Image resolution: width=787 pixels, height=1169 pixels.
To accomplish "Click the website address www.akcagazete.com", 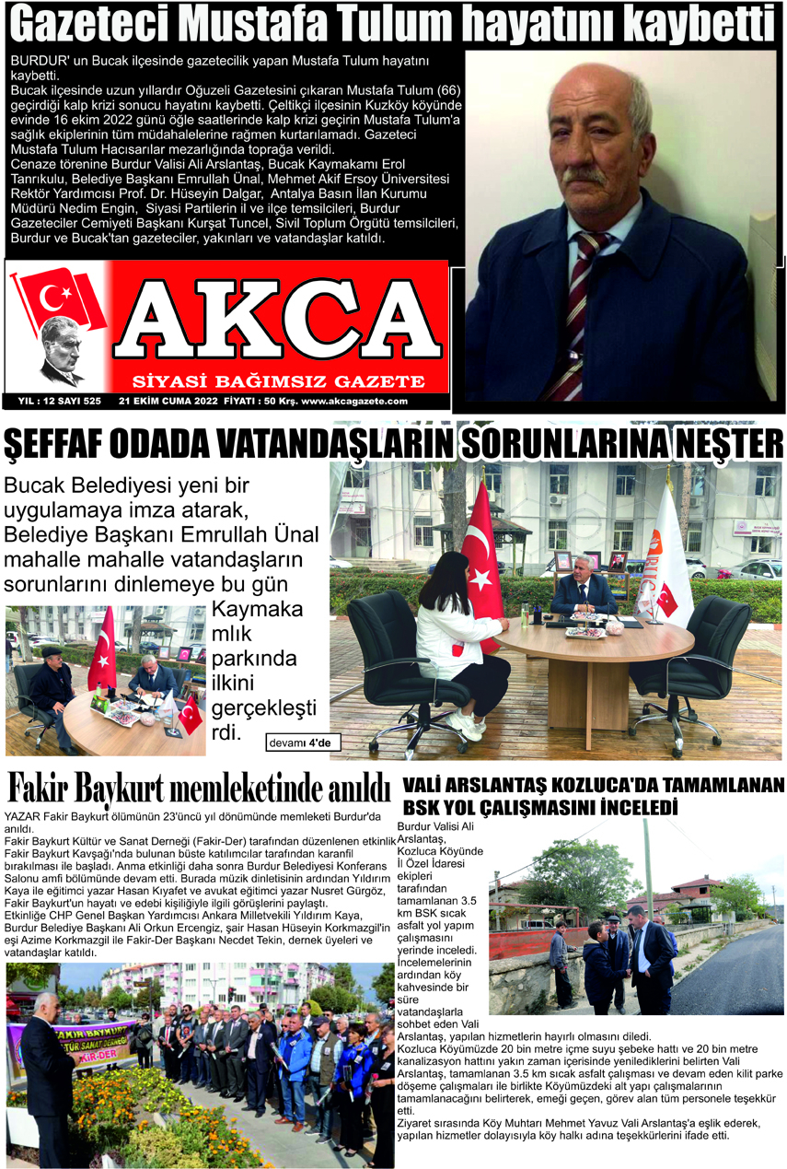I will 354,402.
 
